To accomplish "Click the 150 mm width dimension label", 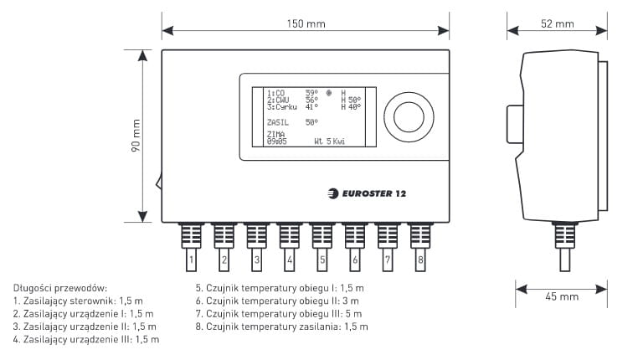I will pos(305,23).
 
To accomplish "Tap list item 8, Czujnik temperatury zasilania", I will pos(281,327).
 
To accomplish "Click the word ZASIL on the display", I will pos(277,122).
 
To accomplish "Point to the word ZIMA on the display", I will pos(275,134).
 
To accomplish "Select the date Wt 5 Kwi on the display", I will pos(329,141).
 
